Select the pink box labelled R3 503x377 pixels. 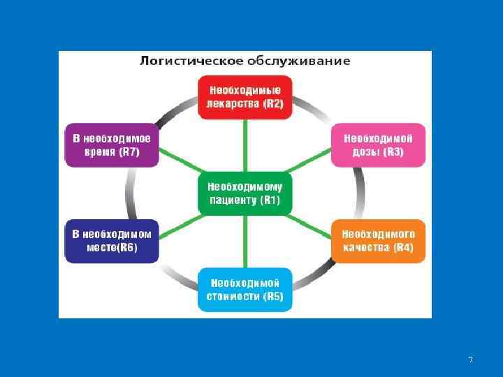[x=377, y=145]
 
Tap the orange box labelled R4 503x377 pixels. [x=378, y=241]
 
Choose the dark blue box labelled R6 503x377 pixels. [x=112, y=241]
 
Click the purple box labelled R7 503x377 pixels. [x=112, y=145]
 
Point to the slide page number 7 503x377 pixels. [x=470, y=360]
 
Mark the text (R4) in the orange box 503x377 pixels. [x=404, y=248]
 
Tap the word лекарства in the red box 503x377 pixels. [x=233, y=104]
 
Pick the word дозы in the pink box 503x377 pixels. [x=360, y=152]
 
